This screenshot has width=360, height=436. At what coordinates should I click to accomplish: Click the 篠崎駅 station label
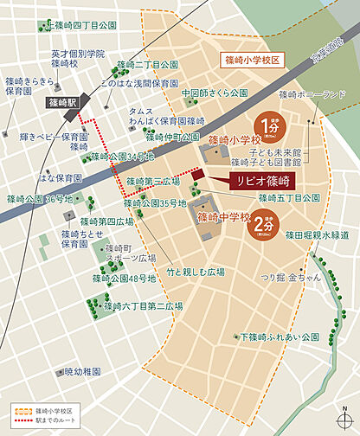(62, 101)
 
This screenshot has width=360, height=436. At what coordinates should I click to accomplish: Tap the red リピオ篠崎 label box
(261, 182)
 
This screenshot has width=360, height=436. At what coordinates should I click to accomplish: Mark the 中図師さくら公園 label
(215, 93)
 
